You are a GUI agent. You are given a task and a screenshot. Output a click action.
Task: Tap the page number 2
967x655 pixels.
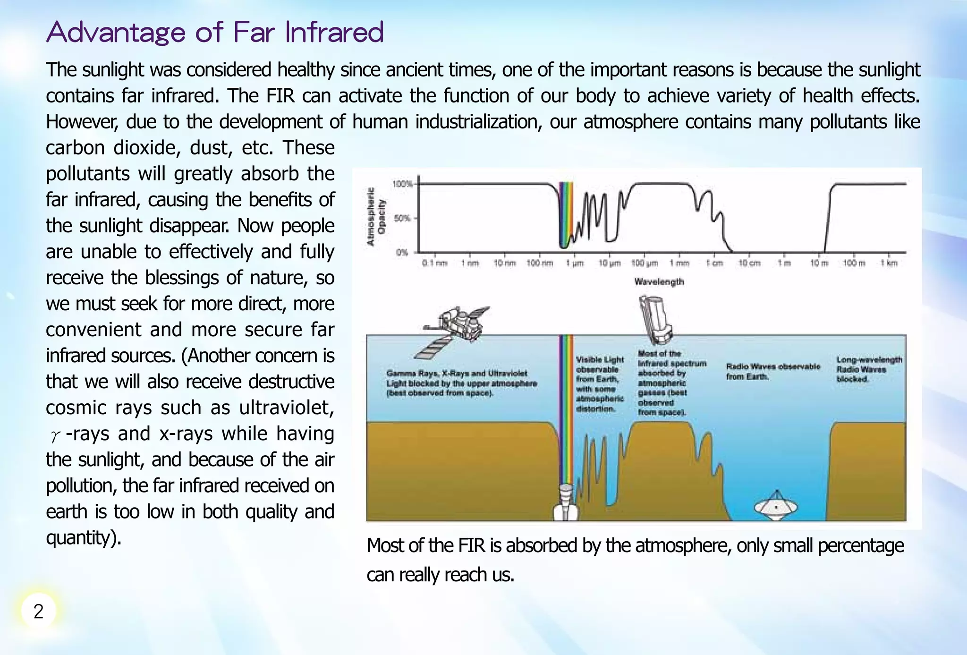coord(38,611)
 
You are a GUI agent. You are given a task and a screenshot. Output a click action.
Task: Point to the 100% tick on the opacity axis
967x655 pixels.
coord(402,184)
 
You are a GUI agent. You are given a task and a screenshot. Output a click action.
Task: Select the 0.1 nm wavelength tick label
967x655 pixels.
coord(434,263)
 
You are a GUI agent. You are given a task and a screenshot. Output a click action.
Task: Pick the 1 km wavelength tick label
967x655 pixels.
coord(889,263)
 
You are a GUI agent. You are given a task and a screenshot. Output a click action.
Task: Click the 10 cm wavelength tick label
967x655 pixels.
coord(749,263)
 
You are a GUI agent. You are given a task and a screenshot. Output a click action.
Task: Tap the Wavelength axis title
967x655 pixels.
coord(659,282)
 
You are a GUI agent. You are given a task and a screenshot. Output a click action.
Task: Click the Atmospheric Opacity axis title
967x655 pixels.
coord(376,217)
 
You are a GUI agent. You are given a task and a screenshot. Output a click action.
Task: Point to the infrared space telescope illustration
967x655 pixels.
coord(655,319)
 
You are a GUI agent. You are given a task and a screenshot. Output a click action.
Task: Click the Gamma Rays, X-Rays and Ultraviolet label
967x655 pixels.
coord(461,383)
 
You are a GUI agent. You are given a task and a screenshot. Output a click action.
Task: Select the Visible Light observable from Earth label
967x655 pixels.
coord(600,384)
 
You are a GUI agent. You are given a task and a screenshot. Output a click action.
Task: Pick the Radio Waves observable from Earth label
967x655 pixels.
coord(772,371)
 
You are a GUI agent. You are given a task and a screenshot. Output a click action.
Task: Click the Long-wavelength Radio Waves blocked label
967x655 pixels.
coord(868,369)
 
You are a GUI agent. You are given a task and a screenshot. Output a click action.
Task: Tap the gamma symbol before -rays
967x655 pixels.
coord(55,435)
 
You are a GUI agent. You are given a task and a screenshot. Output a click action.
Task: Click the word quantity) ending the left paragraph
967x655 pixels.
coord(84,537)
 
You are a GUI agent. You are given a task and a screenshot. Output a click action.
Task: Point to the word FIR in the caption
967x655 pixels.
coord(471,545)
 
